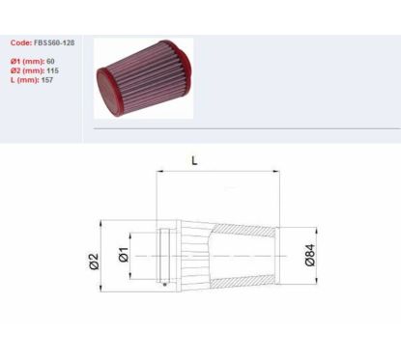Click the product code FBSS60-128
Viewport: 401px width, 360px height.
[54, 42]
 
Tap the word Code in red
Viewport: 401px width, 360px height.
[21, 42]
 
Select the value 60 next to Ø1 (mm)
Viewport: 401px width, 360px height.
[50, 61]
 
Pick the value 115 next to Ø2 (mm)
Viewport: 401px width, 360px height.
[52, 70]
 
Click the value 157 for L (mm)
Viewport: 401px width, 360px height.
[47, 80]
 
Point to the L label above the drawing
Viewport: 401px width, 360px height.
[194, 160]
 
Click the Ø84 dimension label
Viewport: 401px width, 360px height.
[310, 255]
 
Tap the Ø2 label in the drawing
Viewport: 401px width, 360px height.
[94, 262]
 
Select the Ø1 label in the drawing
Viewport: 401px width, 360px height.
[124, 255]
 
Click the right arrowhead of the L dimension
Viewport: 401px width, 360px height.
[276, 172]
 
